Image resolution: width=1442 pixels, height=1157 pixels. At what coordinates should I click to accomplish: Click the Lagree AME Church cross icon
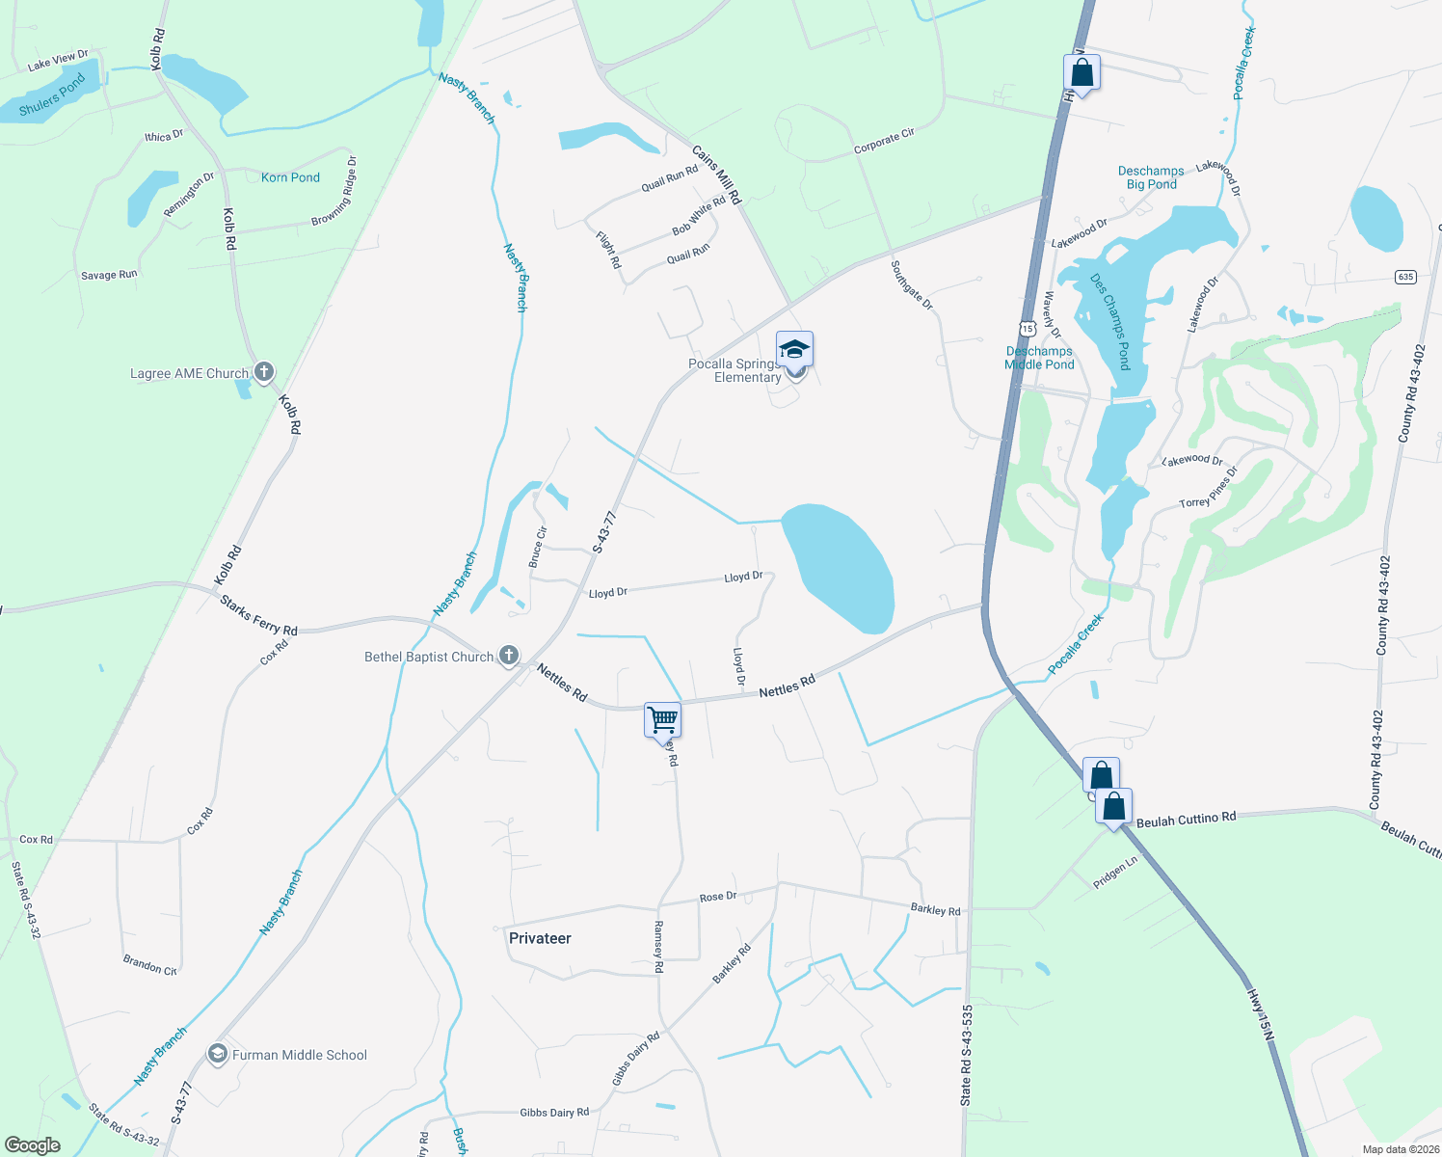(264, 372)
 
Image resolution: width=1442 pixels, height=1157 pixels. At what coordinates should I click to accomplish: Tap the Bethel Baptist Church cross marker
(509, 656)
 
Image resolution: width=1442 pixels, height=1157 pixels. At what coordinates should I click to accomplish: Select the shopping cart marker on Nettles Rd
(662, 719)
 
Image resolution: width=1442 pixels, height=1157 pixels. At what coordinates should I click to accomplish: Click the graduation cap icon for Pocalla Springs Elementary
(794, 349)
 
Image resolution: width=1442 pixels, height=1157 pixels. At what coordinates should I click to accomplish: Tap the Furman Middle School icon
(218, 1054)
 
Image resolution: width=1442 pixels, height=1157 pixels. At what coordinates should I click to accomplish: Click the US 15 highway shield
(1028, 329)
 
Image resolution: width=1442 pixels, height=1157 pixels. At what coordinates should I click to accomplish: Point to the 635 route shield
(1405, 277)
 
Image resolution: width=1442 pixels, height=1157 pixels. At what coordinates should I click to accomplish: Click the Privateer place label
(540, 938)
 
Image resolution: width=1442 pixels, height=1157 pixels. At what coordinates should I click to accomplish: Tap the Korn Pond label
(290, 177)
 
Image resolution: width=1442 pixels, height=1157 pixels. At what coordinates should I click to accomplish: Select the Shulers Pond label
(52, 94)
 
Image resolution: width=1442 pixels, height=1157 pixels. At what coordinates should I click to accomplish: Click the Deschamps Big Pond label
(1151, 177)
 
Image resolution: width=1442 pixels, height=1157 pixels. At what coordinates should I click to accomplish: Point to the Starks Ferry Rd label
(258, 615)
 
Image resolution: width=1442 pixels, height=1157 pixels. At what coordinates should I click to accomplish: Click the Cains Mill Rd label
(716, 175)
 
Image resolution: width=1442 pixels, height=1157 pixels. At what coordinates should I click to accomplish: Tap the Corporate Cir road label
(884, 141)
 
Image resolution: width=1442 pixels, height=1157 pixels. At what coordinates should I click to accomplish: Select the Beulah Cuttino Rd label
(1186, 820)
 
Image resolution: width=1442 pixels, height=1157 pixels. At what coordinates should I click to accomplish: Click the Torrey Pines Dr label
(1208, 490)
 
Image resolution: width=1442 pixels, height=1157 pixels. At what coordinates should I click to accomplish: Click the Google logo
(33, 1145)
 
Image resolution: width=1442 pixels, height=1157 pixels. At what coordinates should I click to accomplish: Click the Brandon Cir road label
(149, 965)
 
